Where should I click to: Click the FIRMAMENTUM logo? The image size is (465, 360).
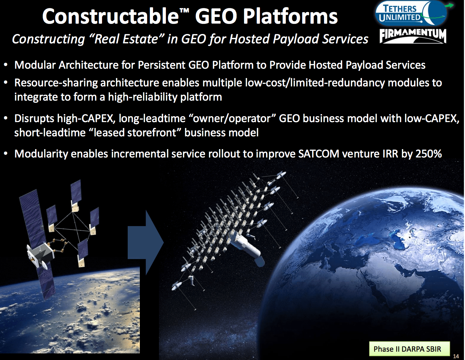pyautogui.click(x=413, y=36)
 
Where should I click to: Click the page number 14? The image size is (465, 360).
pyautogui.click(x=456, y=356)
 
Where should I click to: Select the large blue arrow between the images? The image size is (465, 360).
pyautogui.click(x=145, y=243)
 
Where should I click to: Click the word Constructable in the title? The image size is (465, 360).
pyautogui.click(x=110, y=17)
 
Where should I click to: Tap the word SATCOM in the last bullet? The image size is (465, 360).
pyautogui.click(x=319, y=154)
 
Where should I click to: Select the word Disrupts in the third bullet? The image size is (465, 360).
pyautogui.click(x=34, y=119)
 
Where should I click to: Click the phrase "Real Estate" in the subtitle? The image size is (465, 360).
pyautogui.click(x=126, y=39)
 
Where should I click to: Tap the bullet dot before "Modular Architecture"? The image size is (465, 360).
pyautogui.click(x=6, y=65)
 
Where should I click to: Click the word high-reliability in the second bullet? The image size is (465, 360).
pyautogui.click(x=143, y=97)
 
